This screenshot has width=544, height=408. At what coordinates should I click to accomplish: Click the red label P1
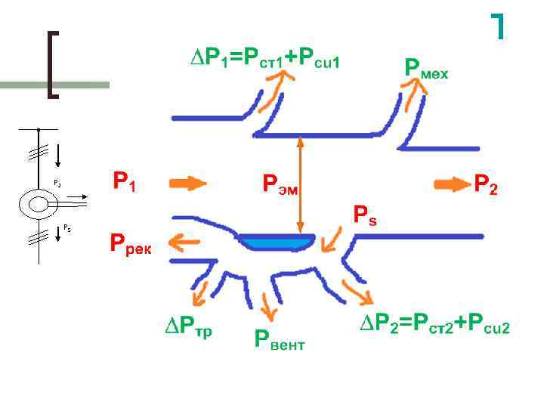(x=124, y=182)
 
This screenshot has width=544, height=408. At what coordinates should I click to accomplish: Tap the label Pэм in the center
(x=280, y=184)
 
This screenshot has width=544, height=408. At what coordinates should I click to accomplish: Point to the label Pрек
(x=130, y=244)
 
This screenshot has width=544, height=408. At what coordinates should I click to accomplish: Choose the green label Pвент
(x=279, y=342)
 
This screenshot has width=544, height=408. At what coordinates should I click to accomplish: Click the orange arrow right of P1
(x=187, y=183)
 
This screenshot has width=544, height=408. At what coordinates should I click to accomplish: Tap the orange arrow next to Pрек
(x=184, y=243)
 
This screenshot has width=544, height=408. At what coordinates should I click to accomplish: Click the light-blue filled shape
(x=276, y=242)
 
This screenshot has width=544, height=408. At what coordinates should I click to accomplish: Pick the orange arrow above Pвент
(x=267, y=305)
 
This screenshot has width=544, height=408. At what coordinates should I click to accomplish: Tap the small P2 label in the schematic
(x=57, y=184)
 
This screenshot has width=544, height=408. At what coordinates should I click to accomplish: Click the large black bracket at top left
(x=53, y=64)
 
